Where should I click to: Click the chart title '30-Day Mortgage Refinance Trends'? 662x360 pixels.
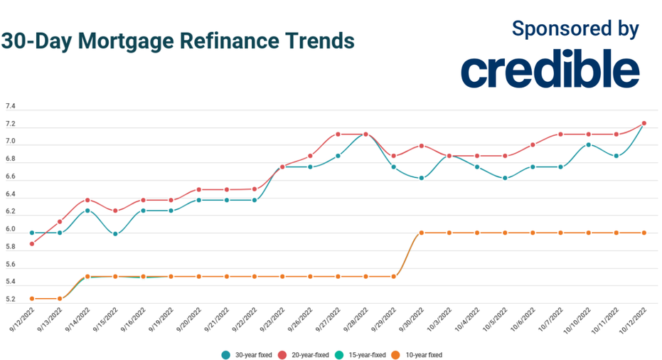[x=178, y=41]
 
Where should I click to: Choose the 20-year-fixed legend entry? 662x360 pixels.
[x=308, y=354]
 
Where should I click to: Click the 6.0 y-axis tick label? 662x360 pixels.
[x=11, y=229]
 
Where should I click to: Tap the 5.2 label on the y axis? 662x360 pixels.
[x=11, y=299]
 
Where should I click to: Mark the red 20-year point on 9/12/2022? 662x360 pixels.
[x=32, y=244]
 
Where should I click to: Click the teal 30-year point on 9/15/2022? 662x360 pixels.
[x=115, y=233]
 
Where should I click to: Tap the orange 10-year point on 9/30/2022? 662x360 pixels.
[x=422, y=233]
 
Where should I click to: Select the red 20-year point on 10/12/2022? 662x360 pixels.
[x=644, y=123]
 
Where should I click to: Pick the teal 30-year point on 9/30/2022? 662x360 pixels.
[x=422, y=178]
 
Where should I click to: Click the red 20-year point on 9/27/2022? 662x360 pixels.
[x=338, y=134]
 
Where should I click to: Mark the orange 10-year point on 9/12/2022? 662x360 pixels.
[x=32, y=299]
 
